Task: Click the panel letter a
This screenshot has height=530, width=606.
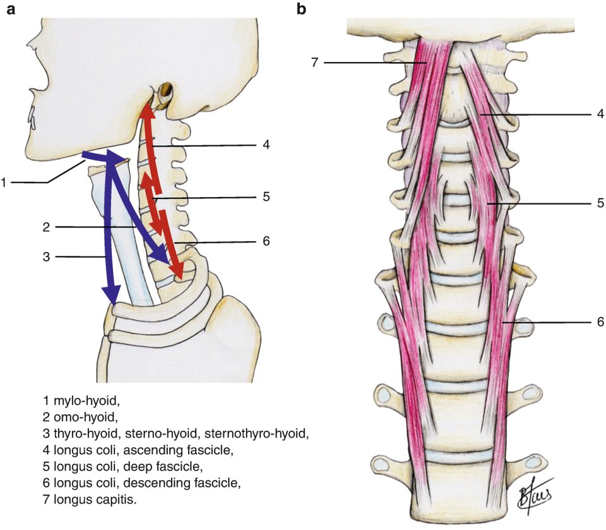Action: pyautogui.click(x=11, y=9)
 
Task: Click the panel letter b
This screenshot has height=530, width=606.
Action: pyautogui.click(x=302, y=9)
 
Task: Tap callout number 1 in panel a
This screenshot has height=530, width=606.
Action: pyautogui.click(x=4, y=183)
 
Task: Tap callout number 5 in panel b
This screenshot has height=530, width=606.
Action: pyautogui.click(x=600, y=203)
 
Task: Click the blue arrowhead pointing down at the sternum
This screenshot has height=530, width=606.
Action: pyautogui.click(x=112, y=294)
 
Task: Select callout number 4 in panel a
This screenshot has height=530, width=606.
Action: pyautogui.click(x=267, y=145)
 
